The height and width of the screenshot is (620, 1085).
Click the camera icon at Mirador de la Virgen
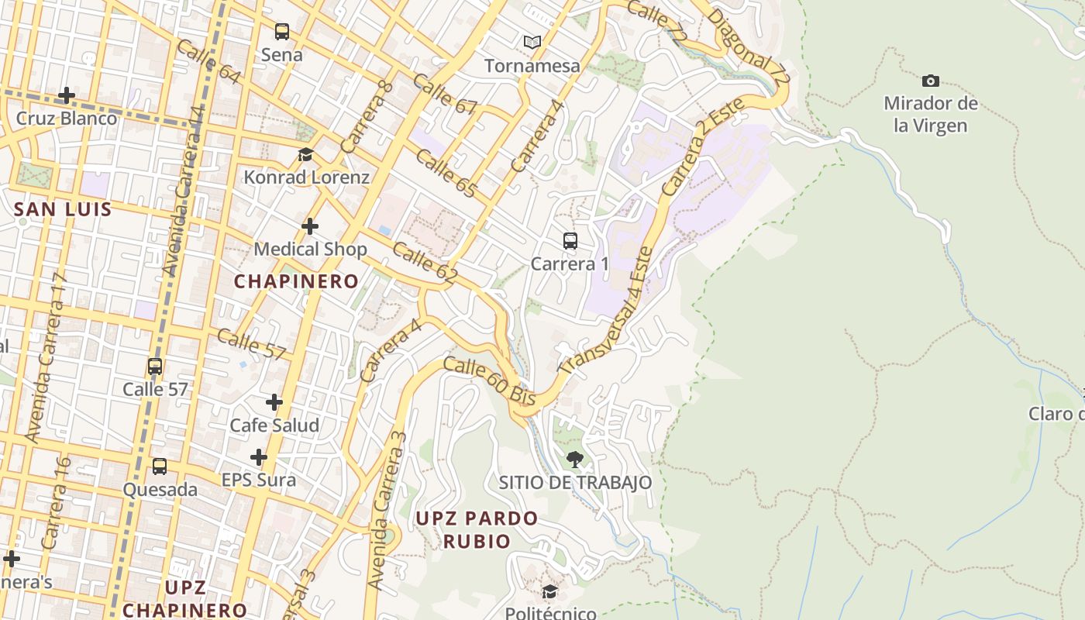tap(931, 81)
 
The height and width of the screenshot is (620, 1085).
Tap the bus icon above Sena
tap(282, 32)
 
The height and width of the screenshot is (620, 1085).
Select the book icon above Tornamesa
tap(532, 42)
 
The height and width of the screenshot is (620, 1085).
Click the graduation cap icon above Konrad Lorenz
tap(305, 154)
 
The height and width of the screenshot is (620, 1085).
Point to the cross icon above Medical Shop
tap(310, 226)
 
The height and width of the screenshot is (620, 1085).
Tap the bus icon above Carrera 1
tap(570, 241)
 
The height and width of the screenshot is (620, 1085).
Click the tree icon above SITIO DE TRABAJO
tap(574, 460)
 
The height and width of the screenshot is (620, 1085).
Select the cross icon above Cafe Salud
tap(274, 402)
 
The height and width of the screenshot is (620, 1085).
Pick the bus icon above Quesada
tap(160, 467)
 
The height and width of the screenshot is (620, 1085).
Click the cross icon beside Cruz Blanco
tap(67, 96)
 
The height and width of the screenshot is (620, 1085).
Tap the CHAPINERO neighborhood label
tap(297, 281)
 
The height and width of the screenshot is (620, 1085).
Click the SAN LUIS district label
tap(63, 209)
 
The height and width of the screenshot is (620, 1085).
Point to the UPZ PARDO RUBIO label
tap(477, 529)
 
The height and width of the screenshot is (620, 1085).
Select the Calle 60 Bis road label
tap(490, 380)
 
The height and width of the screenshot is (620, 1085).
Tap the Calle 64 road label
tap(208, 61)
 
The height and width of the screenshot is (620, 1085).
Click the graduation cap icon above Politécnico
tap(549, 592)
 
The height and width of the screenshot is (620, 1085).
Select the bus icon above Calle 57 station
tap(155, 367)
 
